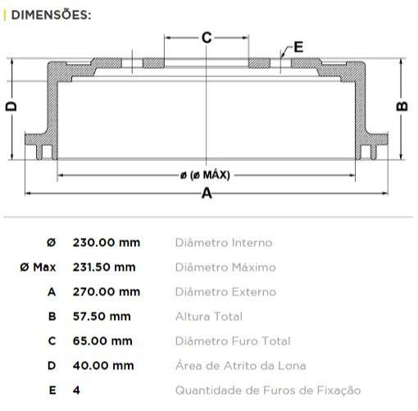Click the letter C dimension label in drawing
pos(207,37)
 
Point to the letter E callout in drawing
pos(298,47)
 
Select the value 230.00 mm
pos(107,243)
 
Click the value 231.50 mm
pos(104,267)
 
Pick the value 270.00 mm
pos(106,292)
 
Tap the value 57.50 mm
pos(102,317)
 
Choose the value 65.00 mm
pos(102,341)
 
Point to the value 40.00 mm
pos(102,366)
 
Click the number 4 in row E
pos(76,390)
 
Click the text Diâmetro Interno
pos(223,243)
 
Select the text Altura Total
pos(208,317)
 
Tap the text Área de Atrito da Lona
pos(240,366)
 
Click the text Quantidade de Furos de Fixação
pos(267,390)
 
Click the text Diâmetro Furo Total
pos(232,341)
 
